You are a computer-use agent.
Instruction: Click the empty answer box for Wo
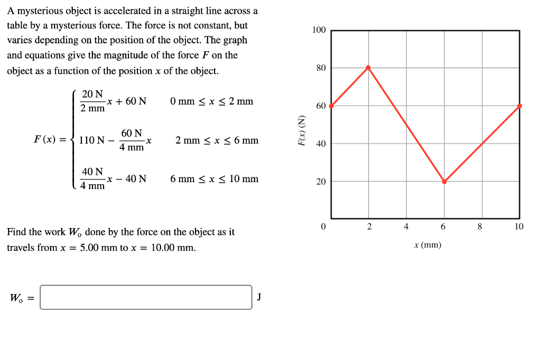(146, 297)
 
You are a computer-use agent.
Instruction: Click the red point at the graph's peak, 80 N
(368, 68)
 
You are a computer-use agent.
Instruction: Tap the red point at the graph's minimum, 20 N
(444, 182)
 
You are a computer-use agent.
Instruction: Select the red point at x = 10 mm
(519, 106)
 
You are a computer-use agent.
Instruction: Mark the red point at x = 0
(331, 106)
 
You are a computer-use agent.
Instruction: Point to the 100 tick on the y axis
(319, 30)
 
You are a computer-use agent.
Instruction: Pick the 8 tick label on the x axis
(480, 227)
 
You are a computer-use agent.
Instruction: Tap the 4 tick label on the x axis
(406, 227)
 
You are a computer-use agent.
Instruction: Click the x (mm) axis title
(428, 245)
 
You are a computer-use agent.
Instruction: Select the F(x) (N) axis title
(302, 130)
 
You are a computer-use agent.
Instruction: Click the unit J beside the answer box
(259, 297)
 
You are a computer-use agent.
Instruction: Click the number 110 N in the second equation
(90, 140)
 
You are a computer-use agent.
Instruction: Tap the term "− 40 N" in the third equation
(130, 179)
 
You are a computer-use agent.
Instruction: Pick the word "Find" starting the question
(16, 232)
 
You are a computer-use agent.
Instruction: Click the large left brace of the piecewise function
(74, 140)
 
